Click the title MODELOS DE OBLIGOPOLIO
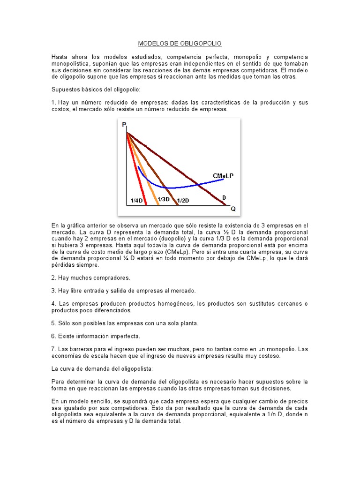[x=180, y=44]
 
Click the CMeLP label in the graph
[x=223, y=175]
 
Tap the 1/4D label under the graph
[x=136, y=201]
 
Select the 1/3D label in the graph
[x=163, y=199]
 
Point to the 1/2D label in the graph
[x=183, y=201]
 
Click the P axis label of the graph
[x=124, y=125]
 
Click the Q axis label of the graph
[x=233, y=209]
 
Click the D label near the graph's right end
[x=224, y=198]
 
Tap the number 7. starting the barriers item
[x=54, y=349]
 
